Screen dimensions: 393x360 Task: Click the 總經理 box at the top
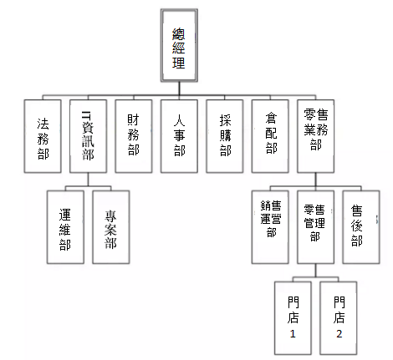(179, 45)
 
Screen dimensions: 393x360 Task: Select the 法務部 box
(43, 136)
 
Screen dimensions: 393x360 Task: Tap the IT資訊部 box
(88, 136)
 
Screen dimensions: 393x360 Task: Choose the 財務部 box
(134, 136)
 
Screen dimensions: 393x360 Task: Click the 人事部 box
(179, 136)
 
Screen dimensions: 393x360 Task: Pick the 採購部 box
(225, 136)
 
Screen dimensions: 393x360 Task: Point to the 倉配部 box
(270, 136)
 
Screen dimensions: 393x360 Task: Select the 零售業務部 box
(315, 136)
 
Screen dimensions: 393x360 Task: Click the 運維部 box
(65, 227)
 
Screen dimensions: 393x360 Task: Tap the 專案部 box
(111, 227)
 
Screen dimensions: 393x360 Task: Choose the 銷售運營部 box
(270, 227)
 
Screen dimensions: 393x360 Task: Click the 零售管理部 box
(315, 227)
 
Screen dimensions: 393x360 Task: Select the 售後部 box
(361, 227)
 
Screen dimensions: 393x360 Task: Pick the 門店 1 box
(293, 318)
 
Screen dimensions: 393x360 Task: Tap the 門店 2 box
(339, 318)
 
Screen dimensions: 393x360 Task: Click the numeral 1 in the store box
(293, 333)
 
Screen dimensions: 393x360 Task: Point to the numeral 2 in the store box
(339, 333)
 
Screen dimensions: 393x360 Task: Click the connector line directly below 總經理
(179, 89)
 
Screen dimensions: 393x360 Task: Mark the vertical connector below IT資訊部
(88, 180)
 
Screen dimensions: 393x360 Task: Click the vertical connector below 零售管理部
(316, 271)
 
